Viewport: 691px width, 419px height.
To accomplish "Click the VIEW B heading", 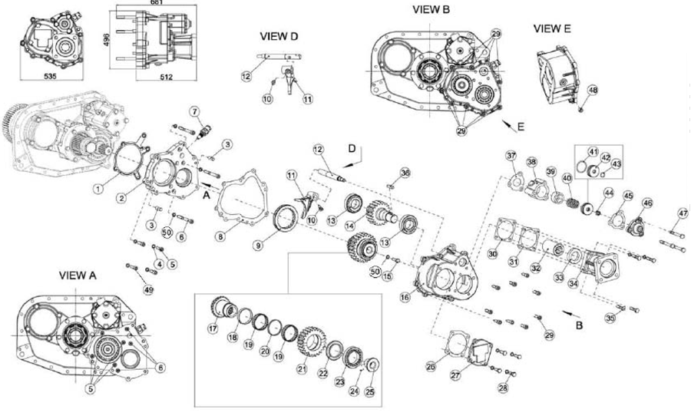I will tap(431, 9).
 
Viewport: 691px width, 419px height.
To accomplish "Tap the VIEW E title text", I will tap(552, 28).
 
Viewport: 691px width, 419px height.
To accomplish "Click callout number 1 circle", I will tap(98, 186).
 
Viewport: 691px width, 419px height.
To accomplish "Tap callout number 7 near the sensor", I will tap(194, 111).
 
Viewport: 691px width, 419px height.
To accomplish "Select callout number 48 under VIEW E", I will tap(592, 91).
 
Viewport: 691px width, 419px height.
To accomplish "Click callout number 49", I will tap(149, 289).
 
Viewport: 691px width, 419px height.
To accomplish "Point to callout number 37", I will tap(511, 157).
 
